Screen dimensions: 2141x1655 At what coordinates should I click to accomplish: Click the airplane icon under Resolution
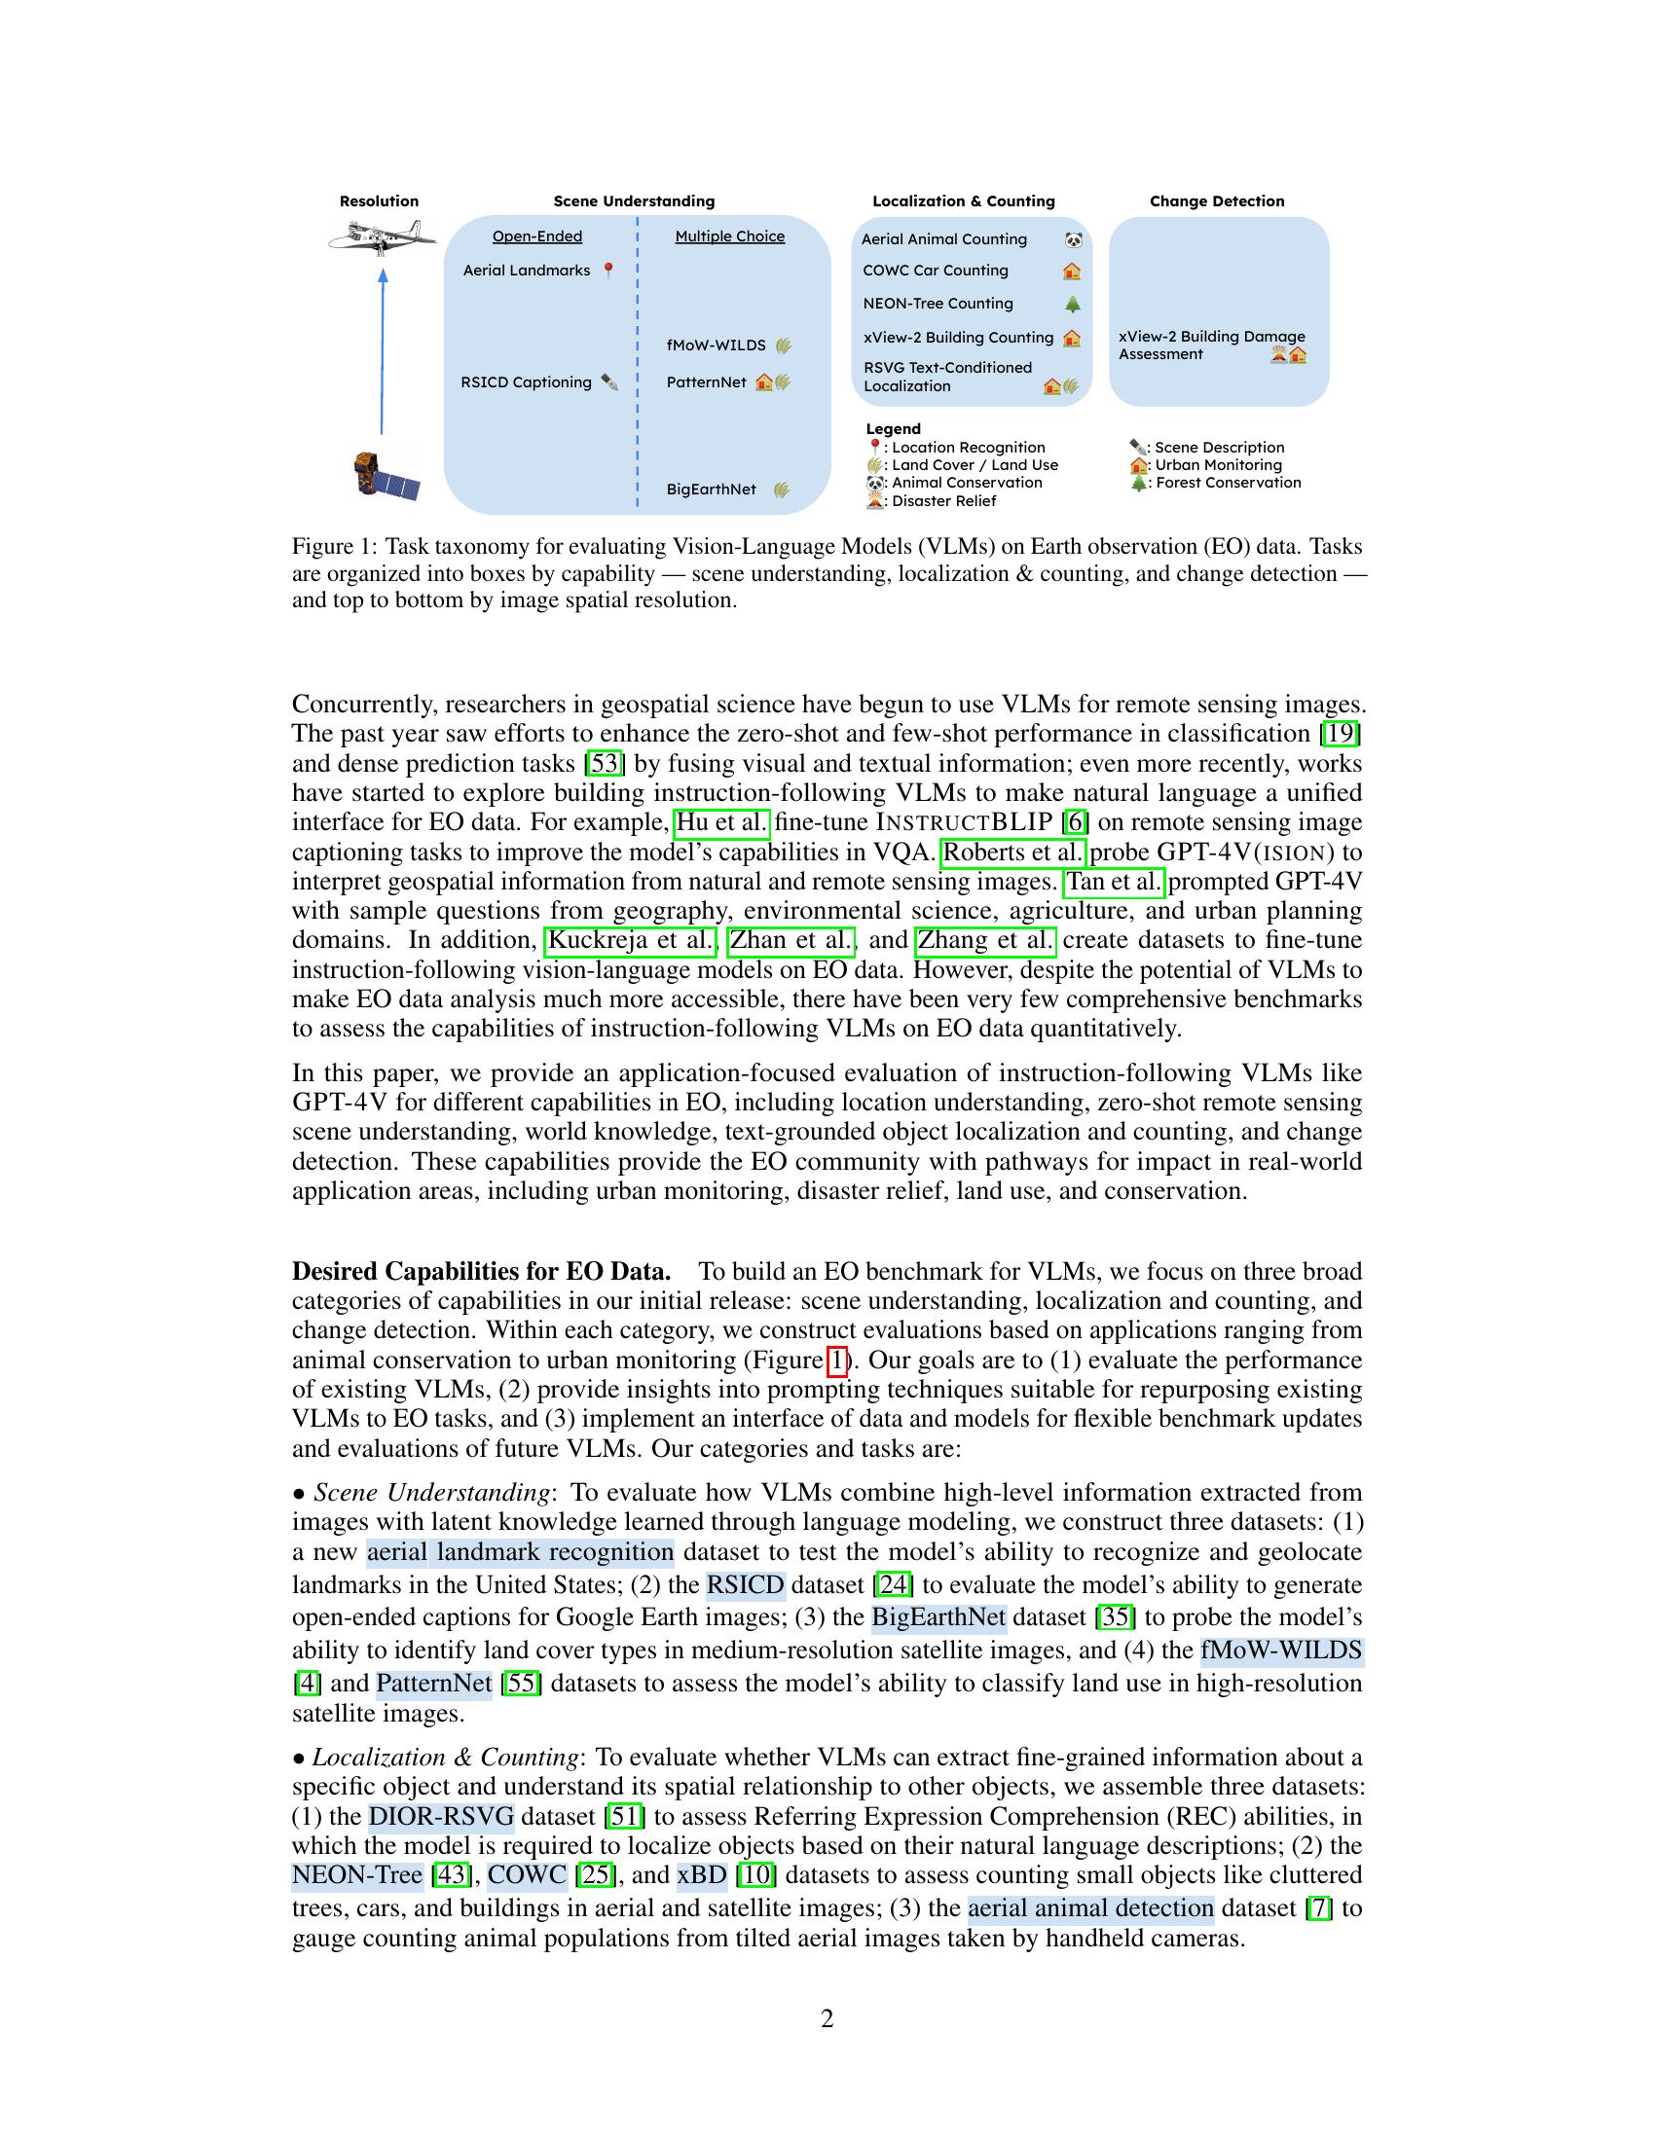[382, 236]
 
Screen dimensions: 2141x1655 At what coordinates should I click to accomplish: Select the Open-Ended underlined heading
[536, 236]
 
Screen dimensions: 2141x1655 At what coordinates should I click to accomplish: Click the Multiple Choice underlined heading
[729, 236]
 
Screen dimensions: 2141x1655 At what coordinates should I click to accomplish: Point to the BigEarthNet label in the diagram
[711, 490]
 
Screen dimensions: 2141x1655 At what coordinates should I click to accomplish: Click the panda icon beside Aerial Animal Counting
[1074, 239]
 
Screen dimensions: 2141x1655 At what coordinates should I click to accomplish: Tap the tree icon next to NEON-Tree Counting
[1073, 304]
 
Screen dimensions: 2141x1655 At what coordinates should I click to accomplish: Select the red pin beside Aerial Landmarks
[607, 270]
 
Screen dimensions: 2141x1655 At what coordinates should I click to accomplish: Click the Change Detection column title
[1216, 201]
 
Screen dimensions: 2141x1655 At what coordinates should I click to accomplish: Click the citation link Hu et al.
[721, 821]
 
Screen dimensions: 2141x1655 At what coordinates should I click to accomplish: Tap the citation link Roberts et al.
[1011, 852]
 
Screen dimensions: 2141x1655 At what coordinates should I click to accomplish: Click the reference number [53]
[604, 763]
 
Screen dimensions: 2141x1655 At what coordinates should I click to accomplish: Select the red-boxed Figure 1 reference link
[837, 1360]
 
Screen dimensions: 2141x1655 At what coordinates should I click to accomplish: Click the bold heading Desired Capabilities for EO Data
[480, 1272]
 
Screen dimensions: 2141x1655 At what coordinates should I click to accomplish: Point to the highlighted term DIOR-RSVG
[441, 1817]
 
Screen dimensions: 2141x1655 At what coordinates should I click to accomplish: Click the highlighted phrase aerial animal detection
[1090, 1907]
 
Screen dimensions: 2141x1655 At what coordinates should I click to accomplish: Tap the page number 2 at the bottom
[827, 2018]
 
